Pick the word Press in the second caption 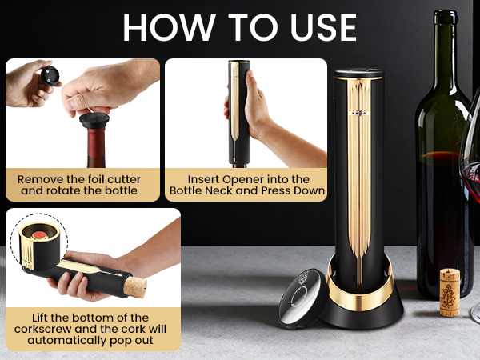point(272,191)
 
